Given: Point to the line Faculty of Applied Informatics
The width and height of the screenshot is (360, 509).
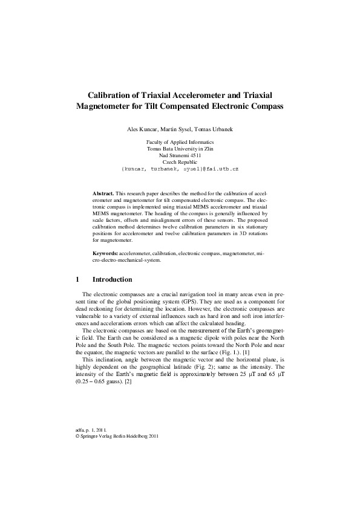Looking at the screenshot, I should tap(180, 141).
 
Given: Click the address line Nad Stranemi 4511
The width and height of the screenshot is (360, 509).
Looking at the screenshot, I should tap(180, 155).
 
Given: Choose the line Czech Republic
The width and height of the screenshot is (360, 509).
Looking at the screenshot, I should tap(180, 163).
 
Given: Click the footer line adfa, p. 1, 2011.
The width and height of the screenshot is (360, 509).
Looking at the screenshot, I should tap(88, 429).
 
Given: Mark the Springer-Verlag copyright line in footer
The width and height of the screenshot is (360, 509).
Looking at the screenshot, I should tap(116, 435).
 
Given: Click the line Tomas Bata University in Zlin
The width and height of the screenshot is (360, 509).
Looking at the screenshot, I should tap(180, 148).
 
